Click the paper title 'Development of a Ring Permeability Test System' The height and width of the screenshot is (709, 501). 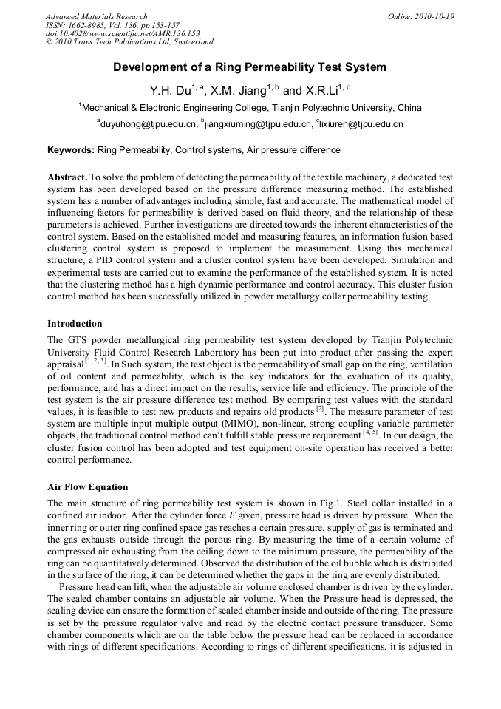click(249, 67)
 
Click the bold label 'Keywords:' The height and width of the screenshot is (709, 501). click(71, 150)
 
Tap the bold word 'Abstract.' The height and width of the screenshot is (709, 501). click(67, 178)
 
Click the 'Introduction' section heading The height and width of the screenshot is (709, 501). click(75, 324)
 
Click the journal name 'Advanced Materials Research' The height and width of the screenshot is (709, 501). click(96, 16)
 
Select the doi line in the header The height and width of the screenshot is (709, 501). click(123, 34)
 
